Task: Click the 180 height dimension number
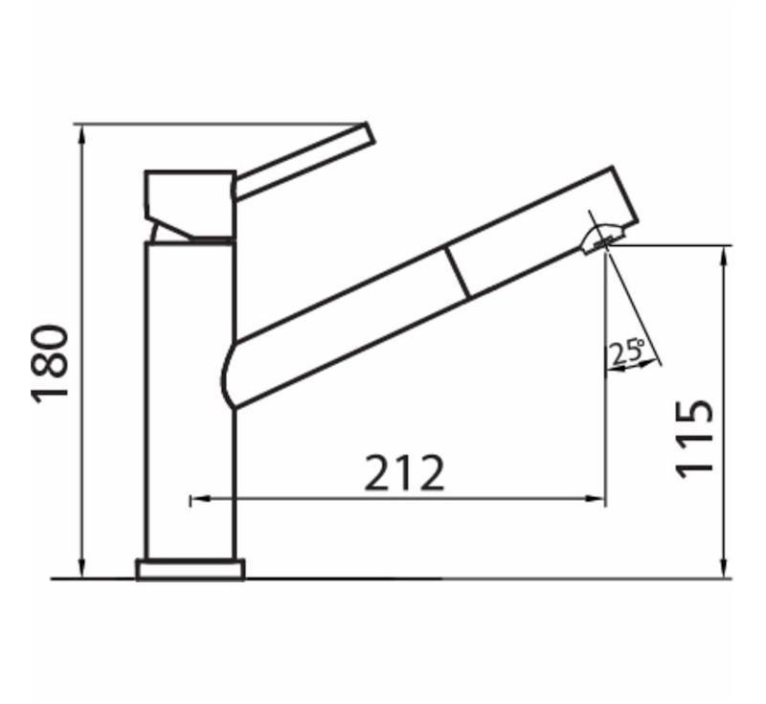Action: pyautogui.click(x=51, y=364)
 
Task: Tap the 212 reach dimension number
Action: pyautogui.click(x=405, y=473)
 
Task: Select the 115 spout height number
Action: pyautogui.click(x=694, y=437)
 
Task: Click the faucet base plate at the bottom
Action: pyautogui.click(x=190, y=570)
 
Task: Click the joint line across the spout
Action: pyautogui.click(x=457, y=271)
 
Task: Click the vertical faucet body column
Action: pyautogui.click(x=190, y=402)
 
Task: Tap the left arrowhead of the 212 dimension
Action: pyautogui.click(x=195, y=499)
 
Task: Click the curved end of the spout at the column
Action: pyautogui.click(x=230, y=374)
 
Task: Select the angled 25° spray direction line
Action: pyautogui.click(x=632, y=307)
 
